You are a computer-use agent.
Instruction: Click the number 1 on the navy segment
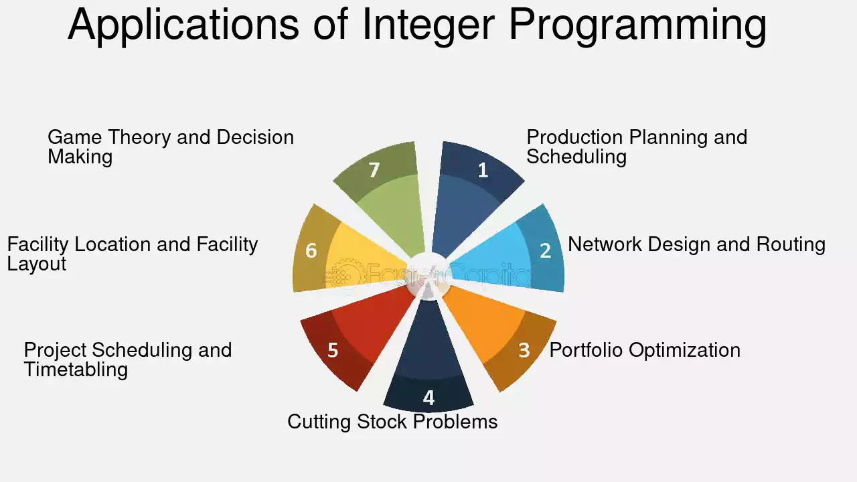pos(483,170)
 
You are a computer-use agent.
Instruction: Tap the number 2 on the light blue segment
pos(545,250)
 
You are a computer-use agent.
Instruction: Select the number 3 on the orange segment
pos(524,350)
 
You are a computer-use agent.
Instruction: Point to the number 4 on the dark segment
pos(429,398)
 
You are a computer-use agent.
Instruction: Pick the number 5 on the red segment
pos(333,350)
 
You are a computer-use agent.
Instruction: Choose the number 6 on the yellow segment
pos(311,250)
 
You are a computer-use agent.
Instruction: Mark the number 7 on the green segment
pos(374,170)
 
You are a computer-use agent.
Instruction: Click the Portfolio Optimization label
pos(645,350)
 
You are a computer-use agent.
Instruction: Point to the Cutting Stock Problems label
pos(392,422)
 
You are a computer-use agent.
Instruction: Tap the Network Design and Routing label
pos(697,244)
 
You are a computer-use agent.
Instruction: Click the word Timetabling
pos(76,370)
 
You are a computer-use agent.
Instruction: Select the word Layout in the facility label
pos(37,264)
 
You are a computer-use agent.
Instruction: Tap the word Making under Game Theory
pos(80,157)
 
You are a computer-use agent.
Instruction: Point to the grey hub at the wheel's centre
pos(429,274)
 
